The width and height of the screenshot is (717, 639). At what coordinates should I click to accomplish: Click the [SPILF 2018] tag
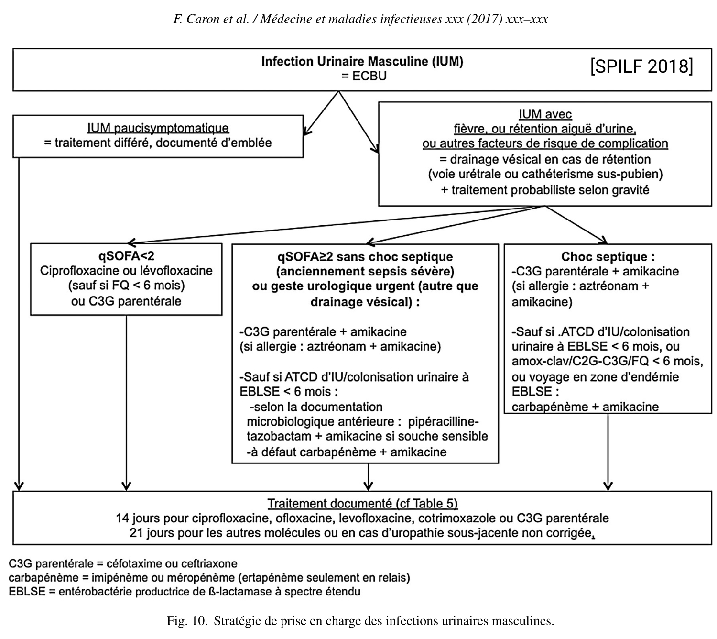click(641, 66)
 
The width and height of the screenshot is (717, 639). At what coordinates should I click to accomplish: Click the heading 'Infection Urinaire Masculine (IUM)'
click(362, 61)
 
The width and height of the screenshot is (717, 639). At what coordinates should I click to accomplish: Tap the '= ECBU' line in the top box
click(364, 76)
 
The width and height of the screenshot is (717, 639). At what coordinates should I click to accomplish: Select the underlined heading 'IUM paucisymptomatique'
click(158, 128)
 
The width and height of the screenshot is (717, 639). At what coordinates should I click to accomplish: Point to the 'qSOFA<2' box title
click(126, 256)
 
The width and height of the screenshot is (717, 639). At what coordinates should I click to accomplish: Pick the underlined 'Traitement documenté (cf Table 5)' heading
click(362, 503)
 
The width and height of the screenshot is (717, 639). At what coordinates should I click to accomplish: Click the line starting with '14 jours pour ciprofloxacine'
click(362, 518)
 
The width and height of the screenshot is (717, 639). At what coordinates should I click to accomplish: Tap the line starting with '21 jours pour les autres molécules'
click(362, 533)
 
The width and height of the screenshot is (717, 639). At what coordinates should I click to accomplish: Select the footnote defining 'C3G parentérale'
click(123, 563)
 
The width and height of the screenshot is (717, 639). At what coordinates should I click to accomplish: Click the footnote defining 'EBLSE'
click(185, 592)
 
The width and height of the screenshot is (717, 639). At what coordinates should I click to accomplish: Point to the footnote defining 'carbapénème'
click(209, 578)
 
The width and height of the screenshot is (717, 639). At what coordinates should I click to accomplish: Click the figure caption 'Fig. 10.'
click(187, 621)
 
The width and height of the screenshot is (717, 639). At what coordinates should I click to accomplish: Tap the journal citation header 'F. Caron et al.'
click(211, 19)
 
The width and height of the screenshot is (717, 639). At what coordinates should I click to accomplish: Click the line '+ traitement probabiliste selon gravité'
click(545, 190)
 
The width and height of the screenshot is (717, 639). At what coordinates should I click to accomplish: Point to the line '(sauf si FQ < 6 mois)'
click(126, 286)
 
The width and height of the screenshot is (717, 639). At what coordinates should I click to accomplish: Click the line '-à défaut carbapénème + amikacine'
click(347, 452)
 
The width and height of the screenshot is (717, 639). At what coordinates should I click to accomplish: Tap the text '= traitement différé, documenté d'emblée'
click(158, 143)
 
